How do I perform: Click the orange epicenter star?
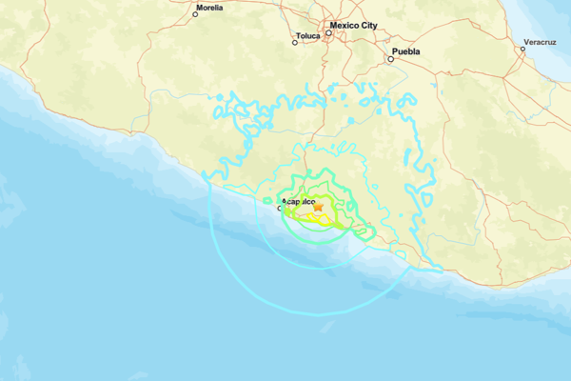point(320,207)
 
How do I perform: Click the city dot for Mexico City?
point(327,33)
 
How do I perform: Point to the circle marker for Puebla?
point(390,59)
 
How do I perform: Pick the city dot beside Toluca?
point(296,42)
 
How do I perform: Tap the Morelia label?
point(209,8)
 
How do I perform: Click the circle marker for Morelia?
point(195,14)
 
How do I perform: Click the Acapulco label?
point(298,202)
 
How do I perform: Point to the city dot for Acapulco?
point(279,208)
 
